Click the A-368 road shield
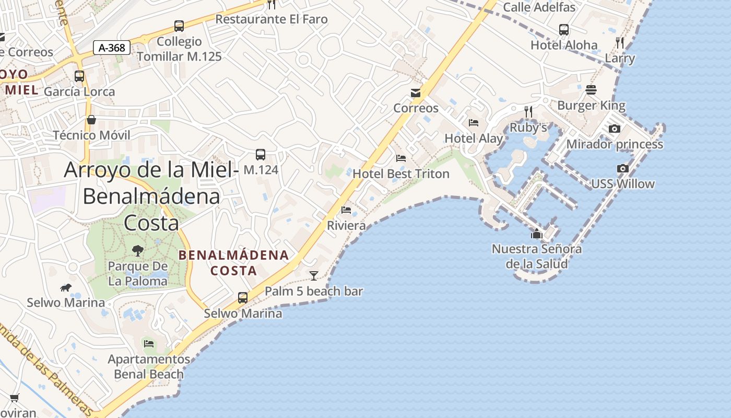[x=112, y=48]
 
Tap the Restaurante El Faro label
[x=272, y=19]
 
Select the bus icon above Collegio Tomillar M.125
[x=179, y=26]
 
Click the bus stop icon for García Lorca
[x=79, y=76]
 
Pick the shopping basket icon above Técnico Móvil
[x=91, y=120]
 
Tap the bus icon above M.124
[x=261, y=154]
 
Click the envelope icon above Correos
[x=416, y=93]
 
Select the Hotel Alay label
[x=474, y=138]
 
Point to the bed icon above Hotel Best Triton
[x=401, y=158]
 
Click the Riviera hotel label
[x=346, y=225]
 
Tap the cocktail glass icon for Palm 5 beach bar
[x=313, y=275]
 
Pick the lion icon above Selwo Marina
[x=66, y=287]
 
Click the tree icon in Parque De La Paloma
[x=138, y=251]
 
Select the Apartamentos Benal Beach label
[x=149, y=367]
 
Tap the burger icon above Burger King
[x=591, y=90]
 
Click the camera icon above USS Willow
[x=622, y=168]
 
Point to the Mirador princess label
[x=615, y=144]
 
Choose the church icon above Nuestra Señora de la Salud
[x=537, y=234]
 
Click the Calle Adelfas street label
[x=539, y=7]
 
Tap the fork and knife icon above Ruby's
[x=528, y=111]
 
